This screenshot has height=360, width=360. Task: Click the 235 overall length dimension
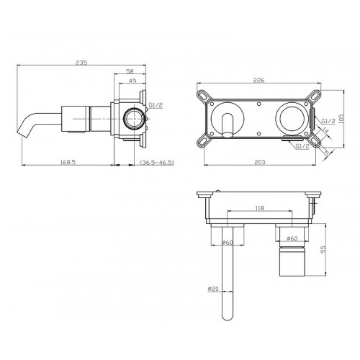click(81, 63)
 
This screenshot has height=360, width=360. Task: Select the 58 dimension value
click(130, 71)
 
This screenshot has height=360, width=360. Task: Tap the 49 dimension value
click(132, 81)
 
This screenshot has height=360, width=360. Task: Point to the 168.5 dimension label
click(68, 163)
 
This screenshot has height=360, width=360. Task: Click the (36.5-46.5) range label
click(157, 163)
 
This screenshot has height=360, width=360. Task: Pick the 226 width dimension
click(258, 80)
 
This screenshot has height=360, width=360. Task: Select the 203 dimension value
click(260, 163)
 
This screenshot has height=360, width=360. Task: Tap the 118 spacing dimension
click(260, 208)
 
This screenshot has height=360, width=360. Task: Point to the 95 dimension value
click(323, 249)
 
